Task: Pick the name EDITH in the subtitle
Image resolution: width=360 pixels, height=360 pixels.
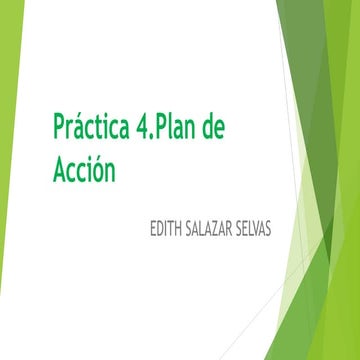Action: point(164,230)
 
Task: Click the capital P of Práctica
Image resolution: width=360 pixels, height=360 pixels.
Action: point(59,130)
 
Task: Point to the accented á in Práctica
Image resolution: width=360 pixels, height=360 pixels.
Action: point(84,130)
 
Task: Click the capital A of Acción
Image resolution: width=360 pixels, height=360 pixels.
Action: point(60,170)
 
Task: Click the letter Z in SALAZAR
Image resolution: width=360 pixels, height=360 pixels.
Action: point(219,230)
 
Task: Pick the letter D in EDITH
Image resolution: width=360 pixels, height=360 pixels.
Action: point(157,230)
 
